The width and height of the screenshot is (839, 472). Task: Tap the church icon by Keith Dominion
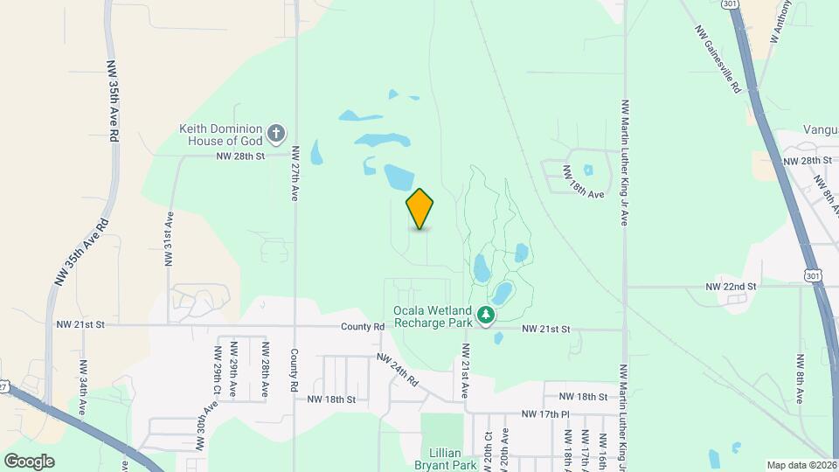[x=276, y=133]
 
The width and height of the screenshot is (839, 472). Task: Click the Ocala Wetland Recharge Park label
[x=433, y=316]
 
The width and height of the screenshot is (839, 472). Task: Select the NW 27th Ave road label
[x=296, y=172]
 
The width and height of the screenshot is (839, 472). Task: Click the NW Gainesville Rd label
[x=718, y=58]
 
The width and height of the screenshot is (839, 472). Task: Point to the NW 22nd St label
[x=731, y=286]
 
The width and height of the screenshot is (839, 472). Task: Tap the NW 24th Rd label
[x=399, y=370]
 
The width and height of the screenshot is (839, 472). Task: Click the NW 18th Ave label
[x=583, y=182]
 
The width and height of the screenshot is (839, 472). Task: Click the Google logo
[x=29, y=461]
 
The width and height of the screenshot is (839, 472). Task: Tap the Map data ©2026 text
[x=801, y=465]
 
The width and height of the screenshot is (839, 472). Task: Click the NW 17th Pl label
[x=544, y=413]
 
